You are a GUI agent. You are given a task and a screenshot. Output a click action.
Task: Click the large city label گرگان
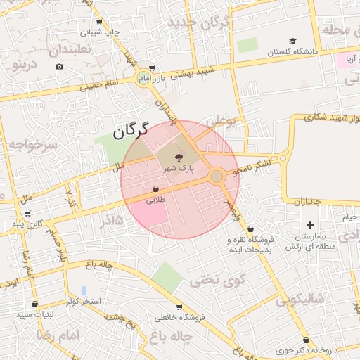click(131, 129)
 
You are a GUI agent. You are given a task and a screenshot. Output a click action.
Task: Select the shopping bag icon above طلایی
click(155, 189)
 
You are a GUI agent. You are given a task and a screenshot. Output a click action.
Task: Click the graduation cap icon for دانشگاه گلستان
click(292, 41)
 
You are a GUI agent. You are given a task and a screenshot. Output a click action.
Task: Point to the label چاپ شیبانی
click(100, 32)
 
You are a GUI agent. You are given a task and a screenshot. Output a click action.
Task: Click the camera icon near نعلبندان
click(59, 67)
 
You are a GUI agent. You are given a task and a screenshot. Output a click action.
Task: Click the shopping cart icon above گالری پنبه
click(27, 213)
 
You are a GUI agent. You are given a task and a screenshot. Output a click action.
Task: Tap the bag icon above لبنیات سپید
click(34, 304)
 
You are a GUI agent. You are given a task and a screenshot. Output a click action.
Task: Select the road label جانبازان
click(304, 202)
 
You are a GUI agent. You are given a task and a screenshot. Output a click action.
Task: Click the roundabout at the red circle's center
click(217, 176)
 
